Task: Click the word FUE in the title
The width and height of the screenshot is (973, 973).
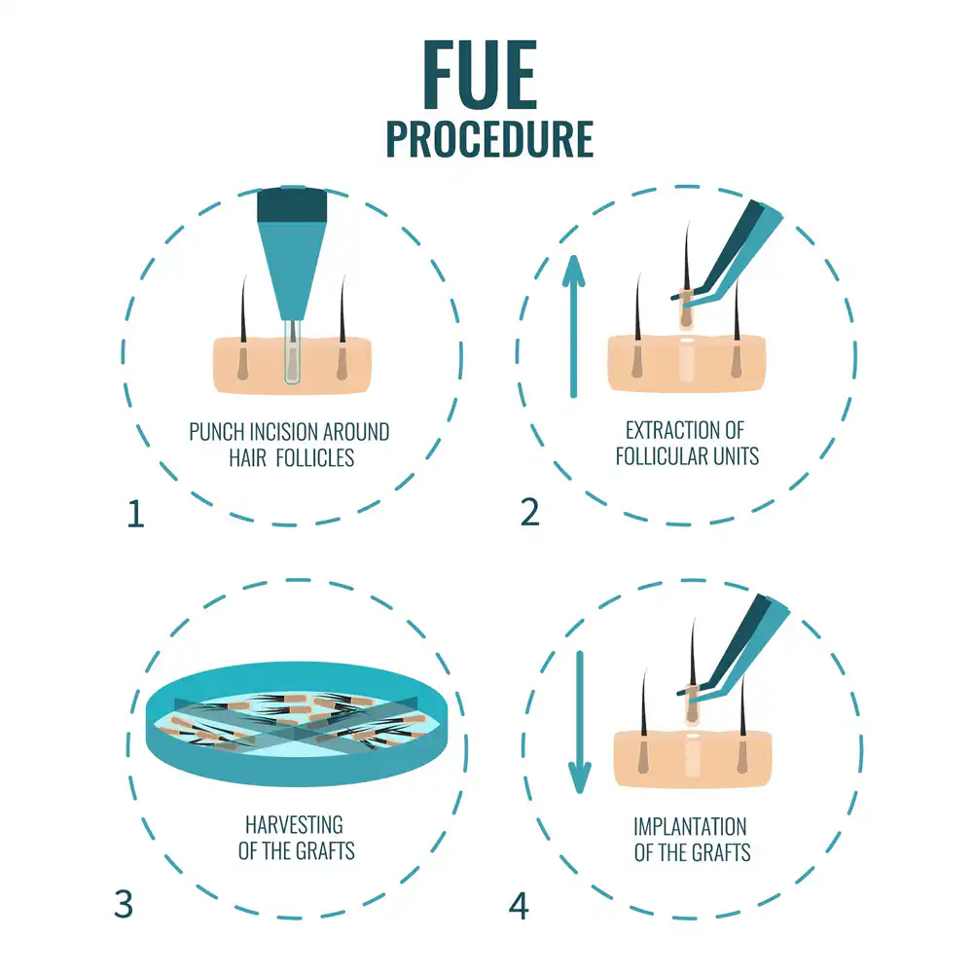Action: [480, 75]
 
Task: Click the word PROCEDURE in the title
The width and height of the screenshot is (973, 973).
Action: [489, 139]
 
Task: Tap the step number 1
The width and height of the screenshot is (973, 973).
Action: [136, 515]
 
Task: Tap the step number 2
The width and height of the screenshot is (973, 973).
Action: [529, 513]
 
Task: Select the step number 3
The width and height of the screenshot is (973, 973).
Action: [124, 904]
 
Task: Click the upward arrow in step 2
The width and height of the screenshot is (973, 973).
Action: [573, 326]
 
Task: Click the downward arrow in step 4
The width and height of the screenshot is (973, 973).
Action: [580, 722]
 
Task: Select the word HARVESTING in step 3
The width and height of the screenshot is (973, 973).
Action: [294, 825]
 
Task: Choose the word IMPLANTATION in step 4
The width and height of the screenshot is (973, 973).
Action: [690, 826]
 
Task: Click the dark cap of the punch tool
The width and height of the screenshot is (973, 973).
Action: [292, 204]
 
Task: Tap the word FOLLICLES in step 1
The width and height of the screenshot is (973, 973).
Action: [314, 458]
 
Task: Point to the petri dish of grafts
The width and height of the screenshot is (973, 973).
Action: [297, 724]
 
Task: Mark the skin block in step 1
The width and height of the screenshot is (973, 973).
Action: [292, 366]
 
